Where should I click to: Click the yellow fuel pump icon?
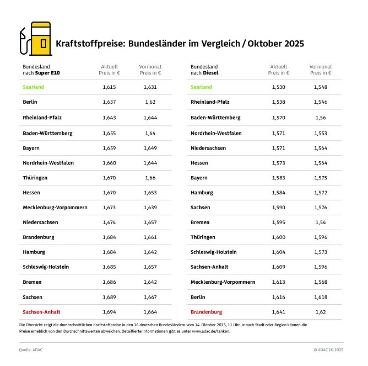tap(41, 39)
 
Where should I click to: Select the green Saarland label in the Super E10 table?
tap(34, 87)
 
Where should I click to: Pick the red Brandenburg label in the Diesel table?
tap(206, 312)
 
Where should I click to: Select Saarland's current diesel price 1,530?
tap(278, 87)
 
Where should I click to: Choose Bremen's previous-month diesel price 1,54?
tap(320, 222)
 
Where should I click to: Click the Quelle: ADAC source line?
tap(31, 349)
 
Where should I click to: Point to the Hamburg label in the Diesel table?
tap(202, 193)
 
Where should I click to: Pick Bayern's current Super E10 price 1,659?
tap(109, 148)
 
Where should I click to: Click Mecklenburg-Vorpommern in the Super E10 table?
tap(55, 207)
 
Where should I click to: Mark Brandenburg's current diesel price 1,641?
tap(278, 312)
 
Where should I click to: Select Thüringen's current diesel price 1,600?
tap(278, 237)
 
